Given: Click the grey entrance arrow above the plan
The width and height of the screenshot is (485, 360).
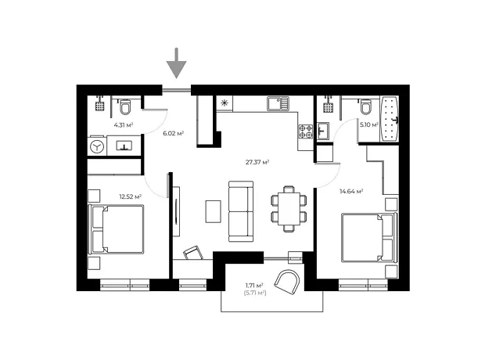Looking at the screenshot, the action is pyautogui.click(x=176, y=63).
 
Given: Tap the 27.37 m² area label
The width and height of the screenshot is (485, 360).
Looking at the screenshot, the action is pyautogui.click(x=257, y=162).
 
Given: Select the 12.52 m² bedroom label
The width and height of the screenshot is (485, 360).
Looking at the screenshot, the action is pyautogui.click(x=131, y=196).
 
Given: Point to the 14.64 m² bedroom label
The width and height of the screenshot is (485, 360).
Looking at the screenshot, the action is pyautogui.click(x=351, y=191).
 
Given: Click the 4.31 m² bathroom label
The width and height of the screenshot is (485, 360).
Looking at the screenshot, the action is pyautogui.click(x=124, y=125).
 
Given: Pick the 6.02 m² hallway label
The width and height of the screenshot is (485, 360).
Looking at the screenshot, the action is pyautogui.click(x=174, y=133).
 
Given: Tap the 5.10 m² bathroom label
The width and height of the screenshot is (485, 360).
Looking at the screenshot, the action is pyautogui.click(x=369, y=125).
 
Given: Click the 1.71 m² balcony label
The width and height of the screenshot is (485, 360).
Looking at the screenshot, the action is pyautogui.click(x=254, y=286).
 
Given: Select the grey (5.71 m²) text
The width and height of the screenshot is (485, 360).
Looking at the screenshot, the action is pyautogui.click(x=255, y=293).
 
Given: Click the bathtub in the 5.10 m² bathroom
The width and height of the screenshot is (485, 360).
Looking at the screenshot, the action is pyautogui.click(x=390, y=119).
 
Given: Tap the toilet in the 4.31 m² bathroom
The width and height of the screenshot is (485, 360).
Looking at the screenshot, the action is pyautogui.click(x=125, y=106).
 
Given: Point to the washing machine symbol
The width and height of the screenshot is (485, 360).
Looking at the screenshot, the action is pyautogui.click(x=97, y=146).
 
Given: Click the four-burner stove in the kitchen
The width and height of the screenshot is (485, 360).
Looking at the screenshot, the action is pyautogui.click(x=306, y=131).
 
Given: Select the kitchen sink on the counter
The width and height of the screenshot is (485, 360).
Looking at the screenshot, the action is pyautogui.click(x=278, y=104).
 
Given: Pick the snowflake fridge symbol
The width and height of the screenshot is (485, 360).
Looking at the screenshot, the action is pyautogui.click(x=225, y=103).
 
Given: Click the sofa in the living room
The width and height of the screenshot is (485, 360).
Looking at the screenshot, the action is pyautogui.click(x=241, y=211).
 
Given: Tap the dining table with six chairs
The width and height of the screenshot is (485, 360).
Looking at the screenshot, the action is pyautogui.click(x=289, y=209).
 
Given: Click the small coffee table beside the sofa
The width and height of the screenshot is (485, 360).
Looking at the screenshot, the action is pyautogui.click(x=214, y=211).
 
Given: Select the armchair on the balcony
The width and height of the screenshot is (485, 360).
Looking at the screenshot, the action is pyautogui.click(x=287, y=282).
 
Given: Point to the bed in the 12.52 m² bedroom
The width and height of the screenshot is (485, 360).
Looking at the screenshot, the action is pyautogui.click(x=117, y=229).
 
